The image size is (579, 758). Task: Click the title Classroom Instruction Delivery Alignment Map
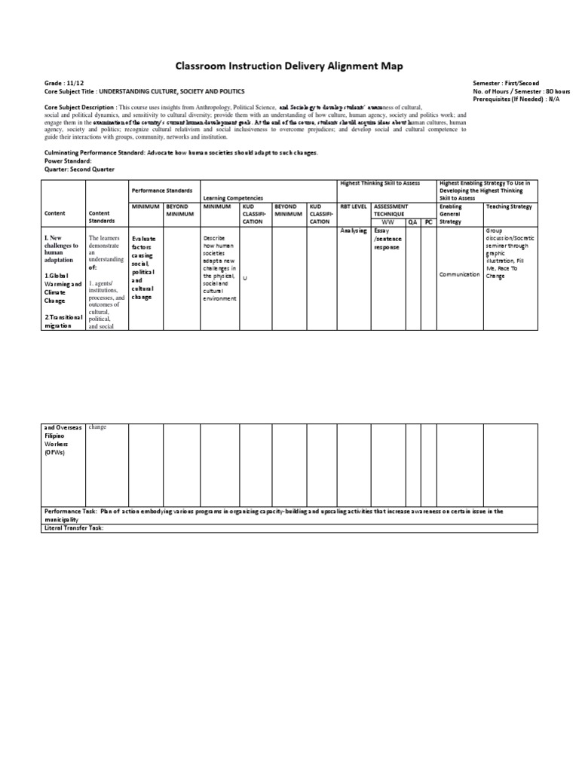coord(289,67)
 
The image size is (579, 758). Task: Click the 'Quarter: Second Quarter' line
coord(80,170)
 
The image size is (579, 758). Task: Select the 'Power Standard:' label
coord(69,161)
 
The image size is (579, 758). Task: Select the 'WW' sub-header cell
coord(388,222)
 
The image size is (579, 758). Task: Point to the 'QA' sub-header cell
coord(412,222)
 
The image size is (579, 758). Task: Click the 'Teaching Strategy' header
coord(509,206)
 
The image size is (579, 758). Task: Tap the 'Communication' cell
coord(459,274)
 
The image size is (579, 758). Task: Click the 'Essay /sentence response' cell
coord(388,239)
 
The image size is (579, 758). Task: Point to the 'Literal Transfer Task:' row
coord(73,527)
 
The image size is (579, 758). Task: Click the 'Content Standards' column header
coord(102,217)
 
